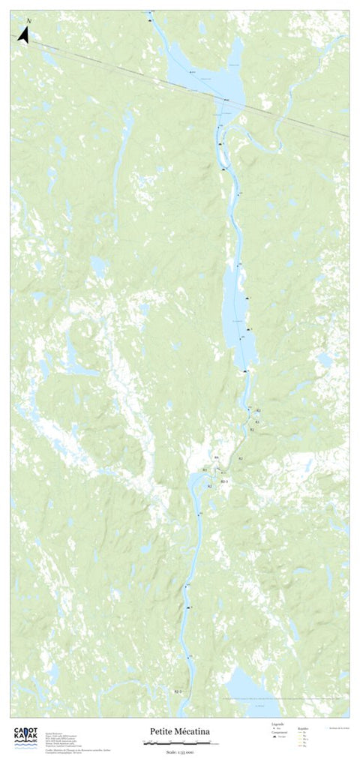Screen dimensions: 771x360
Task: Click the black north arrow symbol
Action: coord(23,35)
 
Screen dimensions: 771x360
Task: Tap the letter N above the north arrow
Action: coord(28,20)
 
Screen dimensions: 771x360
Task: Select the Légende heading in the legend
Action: coord(277,724)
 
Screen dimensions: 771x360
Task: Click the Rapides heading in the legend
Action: coord(303,727)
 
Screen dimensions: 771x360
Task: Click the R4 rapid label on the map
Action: coord(216,457)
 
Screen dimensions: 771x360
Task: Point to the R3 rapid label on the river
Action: coord(204,469)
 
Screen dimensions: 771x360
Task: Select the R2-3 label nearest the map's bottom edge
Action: coord(178,690)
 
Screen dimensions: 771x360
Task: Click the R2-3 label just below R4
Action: coord(223,480)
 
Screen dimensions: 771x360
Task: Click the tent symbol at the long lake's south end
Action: coord(245,371)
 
